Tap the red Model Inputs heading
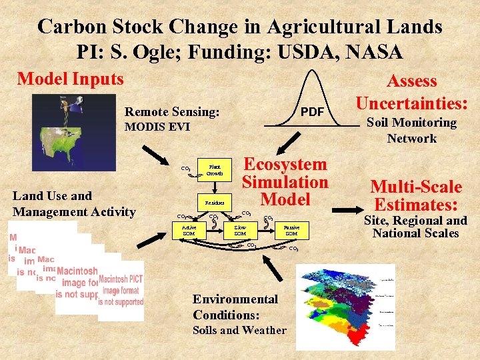[71, 79]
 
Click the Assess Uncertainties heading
[412, 92]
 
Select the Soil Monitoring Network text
[412, 130]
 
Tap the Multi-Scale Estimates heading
[416, 195]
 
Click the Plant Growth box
[215, 169]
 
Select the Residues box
[215, 202]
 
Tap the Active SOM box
[189, 230]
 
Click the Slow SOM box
[240, 230]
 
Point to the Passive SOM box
[291, 230]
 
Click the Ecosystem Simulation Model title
[285, 181]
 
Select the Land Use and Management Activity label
[74, 204]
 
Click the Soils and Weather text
[239, 330]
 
